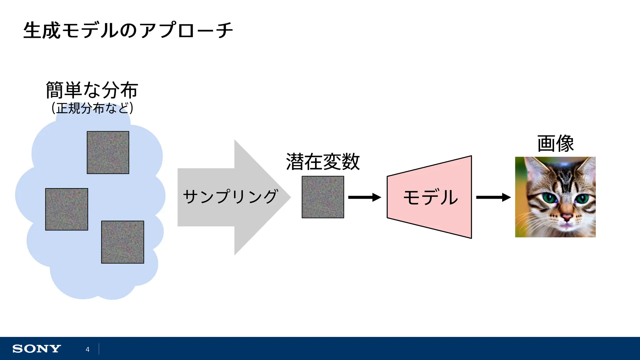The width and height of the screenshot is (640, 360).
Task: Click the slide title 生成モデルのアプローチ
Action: coord(128,31)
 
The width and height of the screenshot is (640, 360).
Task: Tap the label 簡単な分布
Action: coord(92,90)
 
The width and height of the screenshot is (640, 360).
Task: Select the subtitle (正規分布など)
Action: coord(92,108)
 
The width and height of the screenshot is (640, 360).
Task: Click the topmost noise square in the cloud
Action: coord(108,152)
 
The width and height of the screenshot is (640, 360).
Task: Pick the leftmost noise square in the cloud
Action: coord(67,209)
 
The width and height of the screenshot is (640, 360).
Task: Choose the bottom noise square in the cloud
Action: coord(122,242)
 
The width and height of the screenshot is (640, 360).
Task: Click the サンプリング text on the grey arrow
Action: coord(230,197)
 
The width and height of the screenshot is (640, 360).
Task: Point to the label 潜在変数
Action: coord(323,162)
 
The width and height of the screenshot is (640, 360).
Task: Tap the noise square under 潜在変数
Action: coord(323,197)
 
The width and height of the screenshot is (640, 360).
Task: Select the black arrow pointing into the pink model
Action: coord(364,197)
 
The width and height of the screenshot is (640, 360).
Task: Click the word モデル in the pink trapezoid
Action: coord(431,197)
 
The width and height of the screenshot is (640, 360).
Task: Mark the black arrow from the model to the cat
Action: coord(493,197)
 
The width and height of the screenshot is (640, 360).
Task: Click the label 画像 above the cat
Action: coord(555,144)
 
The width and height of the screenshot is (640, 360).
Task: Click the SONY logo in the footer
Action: coord(37,349)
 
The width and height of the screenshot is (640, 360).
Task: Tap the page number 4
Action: coord(87,349)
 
